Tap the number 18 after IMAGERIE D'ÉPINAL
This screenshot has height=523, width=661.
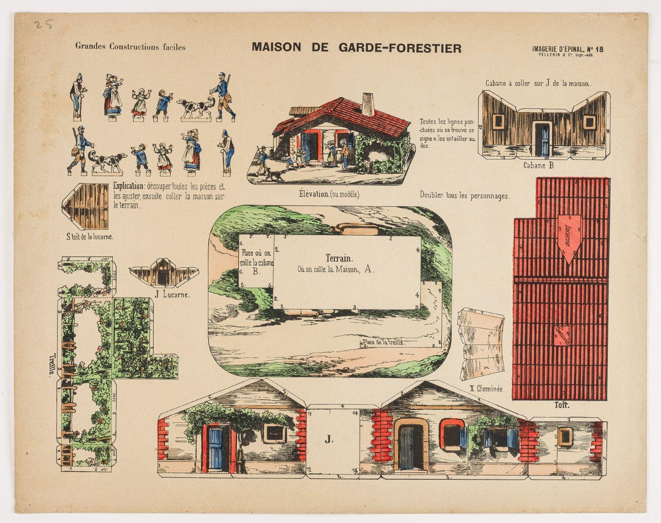(x=599, y=50)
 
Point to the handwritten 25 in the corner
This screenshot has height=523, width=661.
(x=44, y=24)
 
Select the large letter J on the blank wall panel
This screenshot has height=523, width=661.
(x=328, y=440)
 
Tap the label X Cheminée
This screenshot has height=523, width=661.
(x=486, y=389)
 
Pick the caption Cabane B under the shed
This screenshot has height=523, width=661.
(x=539, y=165)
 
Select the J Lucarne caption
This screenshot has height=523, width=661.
(x=172, y=295)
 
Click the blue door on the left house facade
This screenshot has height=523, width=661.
(x=216, y=448)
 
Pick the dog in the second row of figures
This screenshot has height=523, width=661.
(x=107, y=161)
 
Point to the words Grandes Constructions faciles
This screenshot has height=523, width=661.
(x=130, y=47)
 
